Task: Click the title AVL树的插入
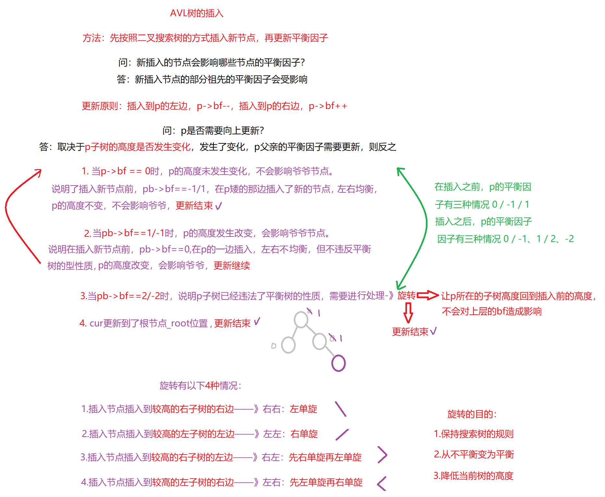(197, 13)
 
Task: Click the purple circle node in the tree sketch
(338, 363)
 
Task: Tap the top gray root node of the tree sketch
(301, 319)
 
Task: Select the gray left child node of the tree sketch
(288, 345)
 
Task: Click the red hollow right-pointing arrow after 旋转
(428, 295)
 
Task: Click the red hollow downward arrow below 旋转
(408, 312)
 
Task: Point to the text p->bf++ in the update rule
(328, 106)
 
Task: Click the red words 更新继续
(232, 266)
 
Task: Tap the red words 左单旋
(303, 409)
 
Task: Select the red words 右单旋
(304, 434)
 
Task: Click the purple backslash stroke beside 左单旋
(341, 409)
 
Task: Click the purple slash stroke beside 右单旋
(342, 434)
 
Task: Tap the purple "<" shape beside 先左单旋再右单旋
(382, 483)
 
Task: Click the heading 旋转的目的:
(472, 414)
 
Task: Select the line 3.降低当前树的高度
(474, 476)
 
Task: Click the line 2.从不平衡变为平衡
(474, 455)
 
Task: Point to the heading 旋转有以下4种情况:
(200, 386)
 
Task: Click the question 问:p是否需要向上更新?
(213, 131)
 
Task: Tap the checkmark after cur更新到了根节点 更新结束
(257, 322)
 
